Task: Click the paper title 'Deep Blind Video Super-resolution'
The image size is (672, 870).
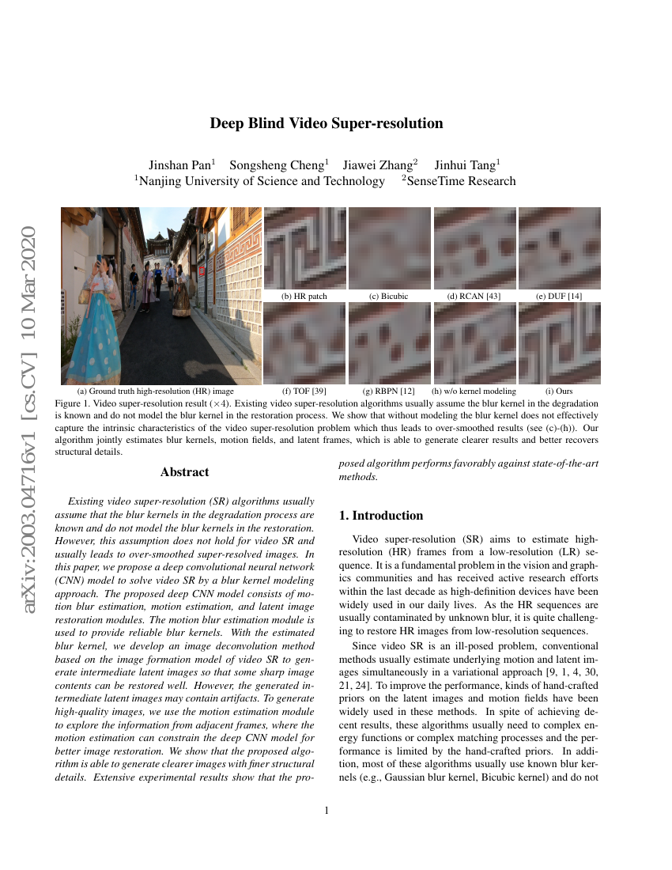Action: pos(326,123)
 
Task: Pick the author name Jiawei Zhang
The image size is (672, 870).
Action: pos(379,165)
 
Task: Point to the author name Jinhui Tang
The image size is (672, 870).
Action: pos(466,165)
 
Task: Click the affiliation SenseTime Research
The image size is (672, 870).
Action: pos(461,181)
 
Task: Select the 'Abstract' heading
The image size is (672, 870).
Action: pos(184,472)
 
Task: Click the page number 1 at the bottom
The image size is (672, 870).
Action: pos(327,810)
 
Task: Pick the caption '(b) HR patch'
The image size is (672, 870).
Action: pos(304,297)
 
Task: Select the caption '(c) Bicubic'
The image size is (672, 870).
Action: pos(389,297)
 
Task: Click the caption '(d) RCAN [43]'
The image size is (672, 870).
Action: pos(474,297)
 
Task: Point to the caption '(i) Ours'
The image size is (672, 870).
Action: pos(559,391)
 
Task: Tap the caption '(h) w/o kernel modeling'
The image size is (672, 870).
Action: pos(474,391)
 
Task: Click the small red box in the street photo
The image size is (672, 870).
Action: pos(202,271)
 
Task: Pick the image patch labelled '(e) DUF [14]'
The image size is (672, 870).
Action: pos(559,248)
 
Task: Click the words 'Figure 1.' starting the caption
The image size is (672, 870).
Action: pos(74,403)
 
